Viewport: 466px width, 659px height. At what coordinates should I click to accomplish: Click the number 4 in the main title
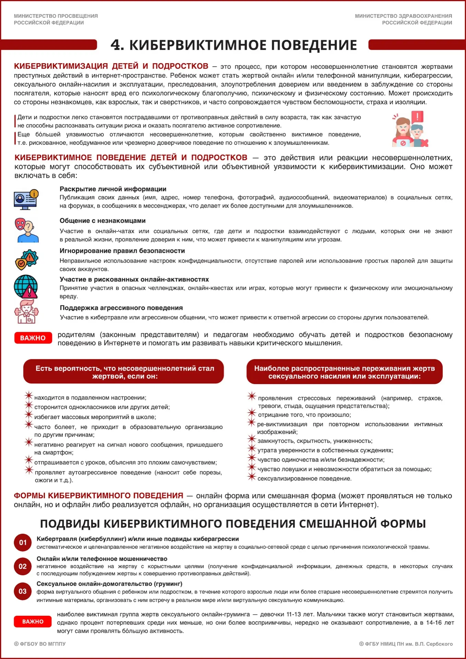pyautogui.click(x=117, y=45)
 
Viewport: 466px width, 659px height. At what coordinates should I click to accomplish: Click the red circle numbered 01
pyautogui.click(x=23, y=542)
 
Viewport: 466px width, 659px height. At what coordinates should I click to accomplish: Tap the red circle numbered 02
pyautogui.click(x=23, y=566)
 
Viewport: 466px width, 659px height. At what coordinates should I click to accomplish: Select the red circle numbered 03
pyautogui.click(x=23, y=591)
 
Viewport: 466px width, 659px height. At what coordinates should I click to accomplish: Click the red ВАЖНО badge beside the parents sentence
pyautogui.click(x=33, y=338)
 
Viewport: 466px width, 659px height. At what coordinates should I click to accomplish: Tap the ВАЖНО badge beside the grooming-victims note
pyautogui.click(x=33, y=622)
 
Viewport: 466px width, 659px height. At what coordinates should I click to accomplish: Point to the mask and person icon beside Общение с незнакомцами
pyautogui.click(x=26, y=230)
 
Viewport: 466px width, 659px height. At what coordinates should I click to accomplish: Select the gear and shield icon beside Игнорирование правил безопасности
pyautogui.click(x=26, y=259)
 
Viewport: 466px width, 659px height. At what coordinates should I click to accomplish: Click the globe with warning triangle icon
pyautogui.click(x=26, y=287)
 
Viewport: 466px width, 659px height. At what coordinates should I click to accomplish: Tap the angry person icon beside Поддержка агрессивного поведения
pyautogui.click(x=26, y=312)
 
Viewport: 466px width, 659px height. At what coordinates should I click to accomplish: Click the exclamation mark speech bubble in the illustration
pyautogui.click(x=417, y=117)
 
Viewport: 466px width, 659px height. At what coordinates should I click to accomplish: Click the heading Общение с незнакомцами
pyautogui.click(x=103, y=221)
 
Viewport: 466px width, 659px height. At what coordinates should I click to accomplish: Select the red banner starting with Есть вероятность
pyautogui.click(x=124, y=372)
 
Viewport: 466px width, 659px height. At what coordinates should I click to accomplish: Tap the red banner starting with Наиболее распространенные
pyautogui.click(x=345, y=372)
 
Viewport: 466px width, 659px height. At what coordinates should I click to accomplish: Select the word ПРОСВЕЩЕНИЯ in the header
pyautogui.click(x=77, y=16)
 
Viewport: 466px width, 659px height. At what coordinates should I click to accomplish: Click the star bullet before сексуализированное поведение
pyautogui.click(x=252, y=477)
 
